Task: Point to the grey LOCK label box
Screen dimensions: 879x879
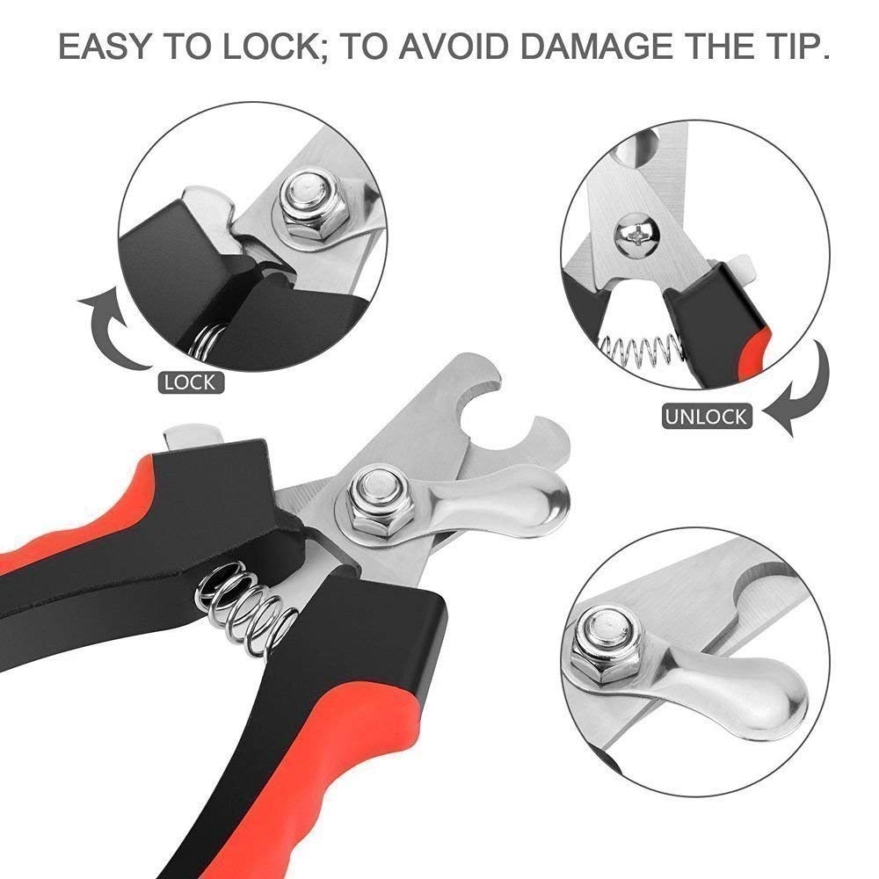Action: [x=189, y=381]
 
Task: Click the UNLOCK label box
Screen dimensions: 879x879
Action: [x=706, y=415]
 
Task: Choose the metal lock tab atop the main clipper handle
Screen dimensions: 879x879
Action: [x=192, y=432]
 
